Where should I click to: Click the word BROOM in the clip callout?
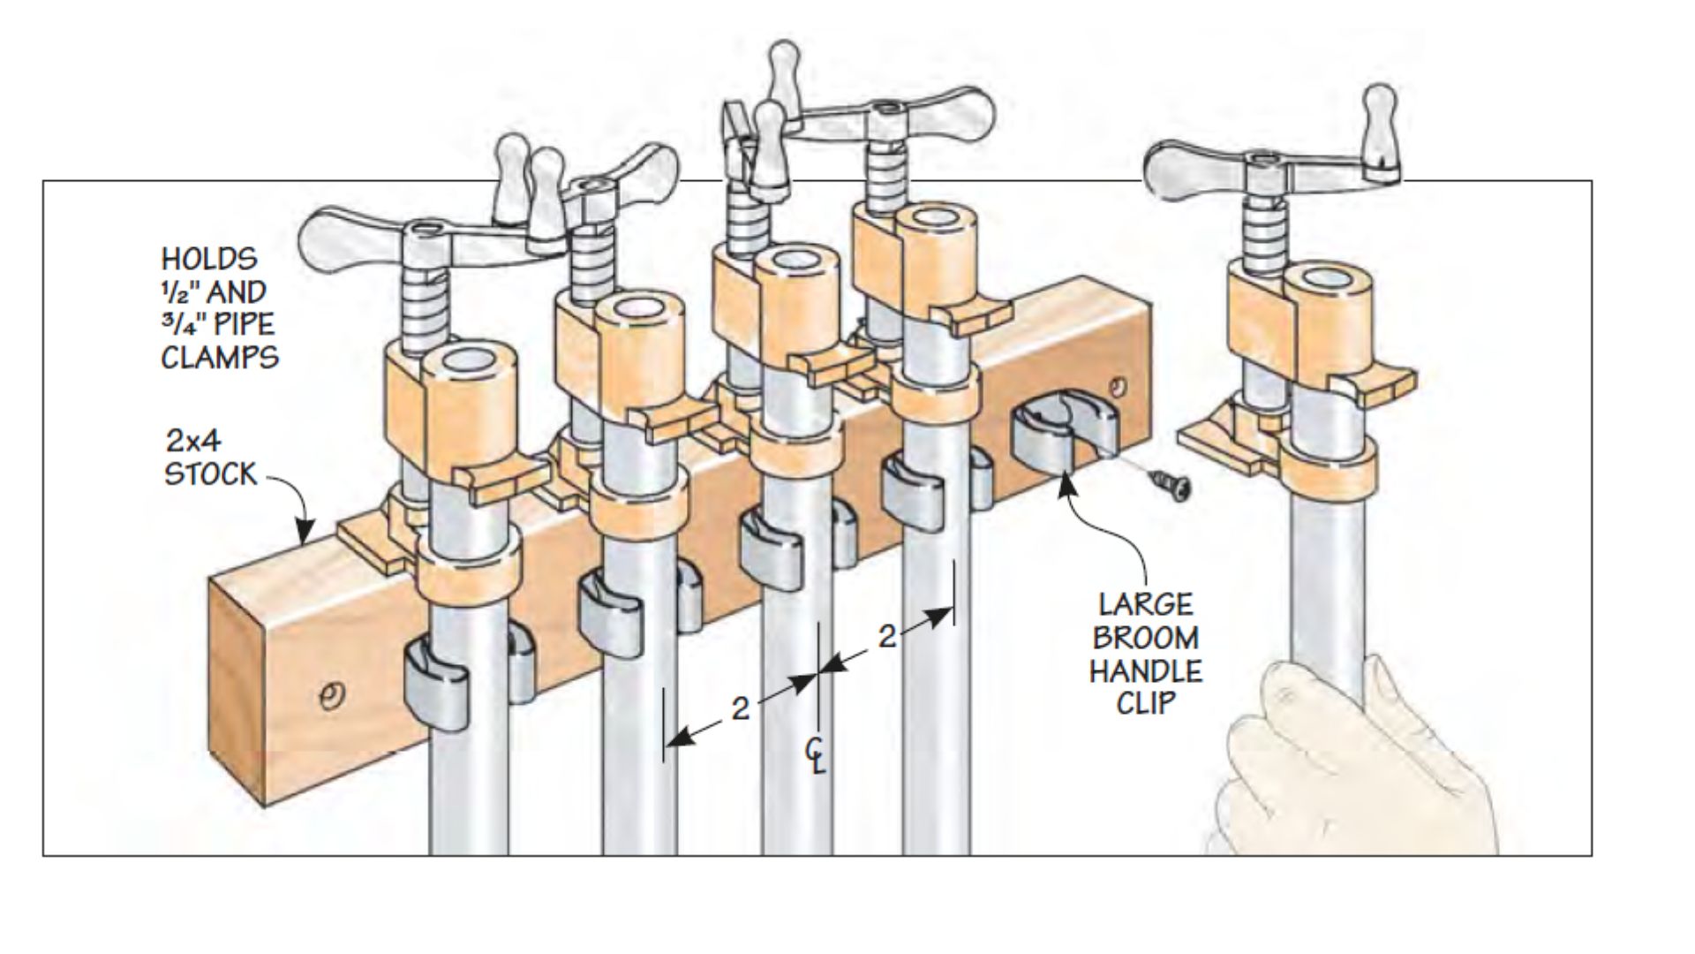[x=1143, y=638]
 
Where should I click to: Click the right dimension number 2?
[x=886, y=636]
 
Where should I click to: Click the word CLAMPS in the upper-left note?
[x=220, y=358]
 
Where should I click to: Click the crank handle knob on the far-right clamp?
[x=1378, y=124]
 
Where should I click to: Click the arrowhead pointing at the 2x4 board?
[x=305, y=534]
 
